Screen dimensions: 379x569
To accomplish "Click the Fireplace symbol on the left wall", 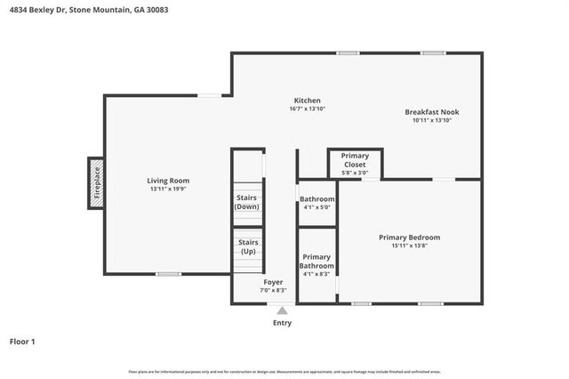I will point(95,184).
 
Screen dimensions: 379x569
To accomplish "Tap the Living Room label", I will point(168,181).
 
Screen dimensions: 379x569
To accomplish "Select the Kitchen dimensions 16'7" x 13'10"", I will point(308,109).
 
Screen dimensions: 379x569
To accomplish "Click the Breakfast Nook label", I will point(432,112).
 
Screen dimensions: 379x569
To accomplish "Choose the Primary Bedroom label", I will point(409,238).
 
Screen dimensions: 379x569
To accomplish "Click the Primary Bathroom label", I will point(317,262).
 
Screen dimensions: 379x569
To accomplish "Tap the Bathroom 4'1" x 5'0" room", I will point(317,202).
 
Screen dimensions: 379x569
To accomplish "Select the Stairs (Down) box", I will point(247,202).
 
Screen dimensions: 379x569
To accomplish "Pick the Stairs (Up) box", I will point(249,246).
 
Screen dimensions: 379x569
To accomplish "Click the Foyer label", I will point(272,282).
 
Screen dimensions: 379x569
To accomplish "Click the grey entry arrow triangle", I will point(282,310).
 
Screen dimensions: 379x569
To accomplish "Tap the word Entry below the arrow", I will point(282,323).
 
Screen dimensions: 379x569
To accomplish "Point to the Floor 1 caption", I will point(22,341).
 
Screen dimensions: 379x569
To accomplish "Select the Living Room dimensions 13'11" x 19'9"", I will point(168,189).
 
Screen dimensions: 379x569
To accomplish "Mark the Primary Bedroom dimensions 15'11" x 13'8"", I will point(409,246).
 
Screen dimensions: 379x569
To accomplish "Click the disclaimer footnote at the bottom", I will point(284,371).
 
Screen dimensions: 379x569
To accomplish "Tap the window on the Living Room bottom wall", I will point(168,274).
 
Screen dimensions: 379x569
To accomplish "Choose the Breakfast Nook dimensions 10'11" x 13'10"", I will point(432,120).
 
